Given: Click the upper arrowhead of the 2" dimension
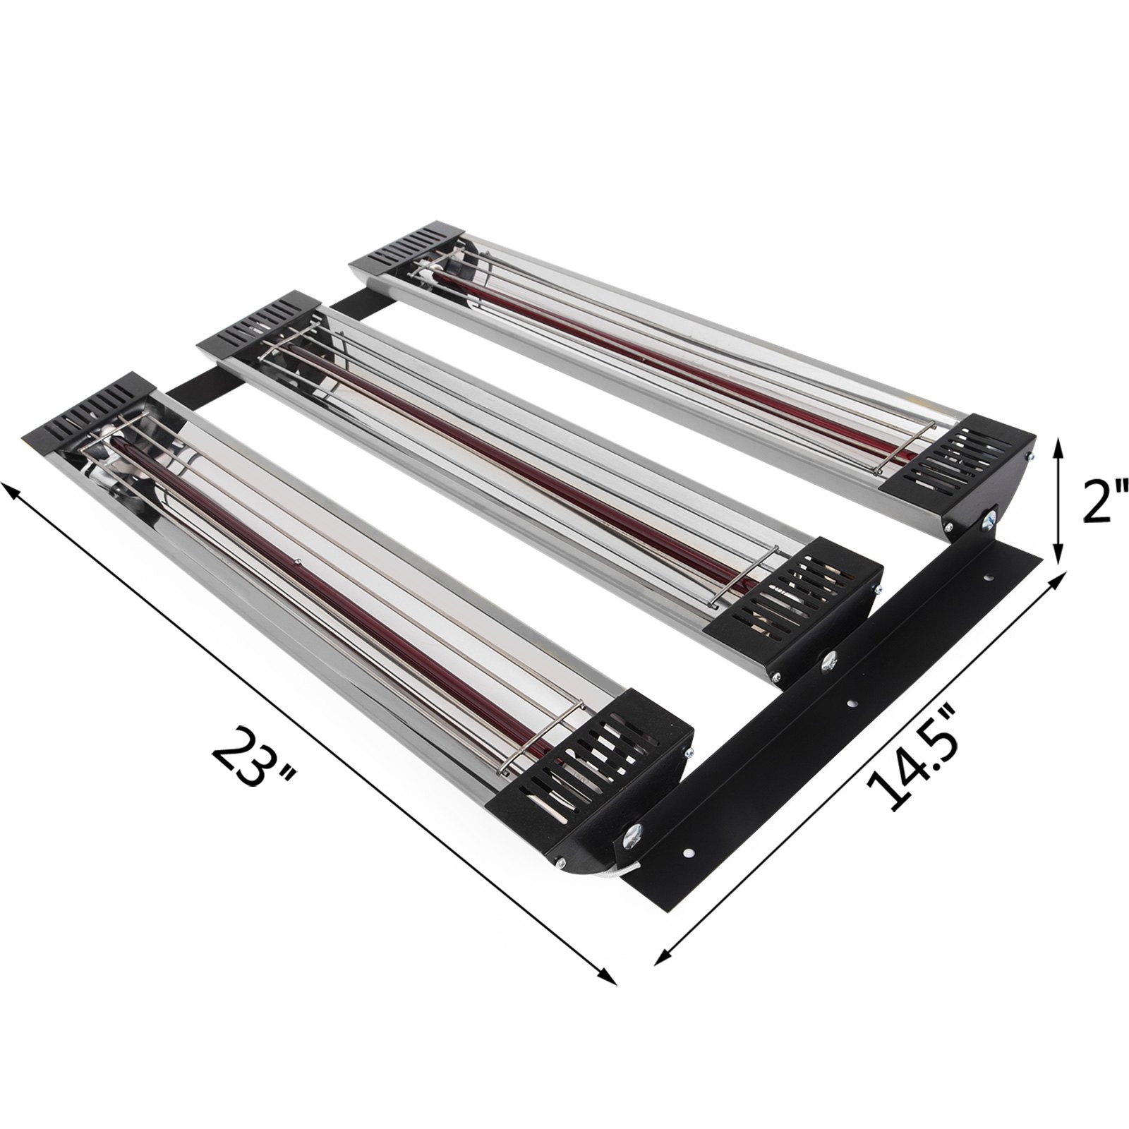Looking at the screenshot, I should coord(1056,445).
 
